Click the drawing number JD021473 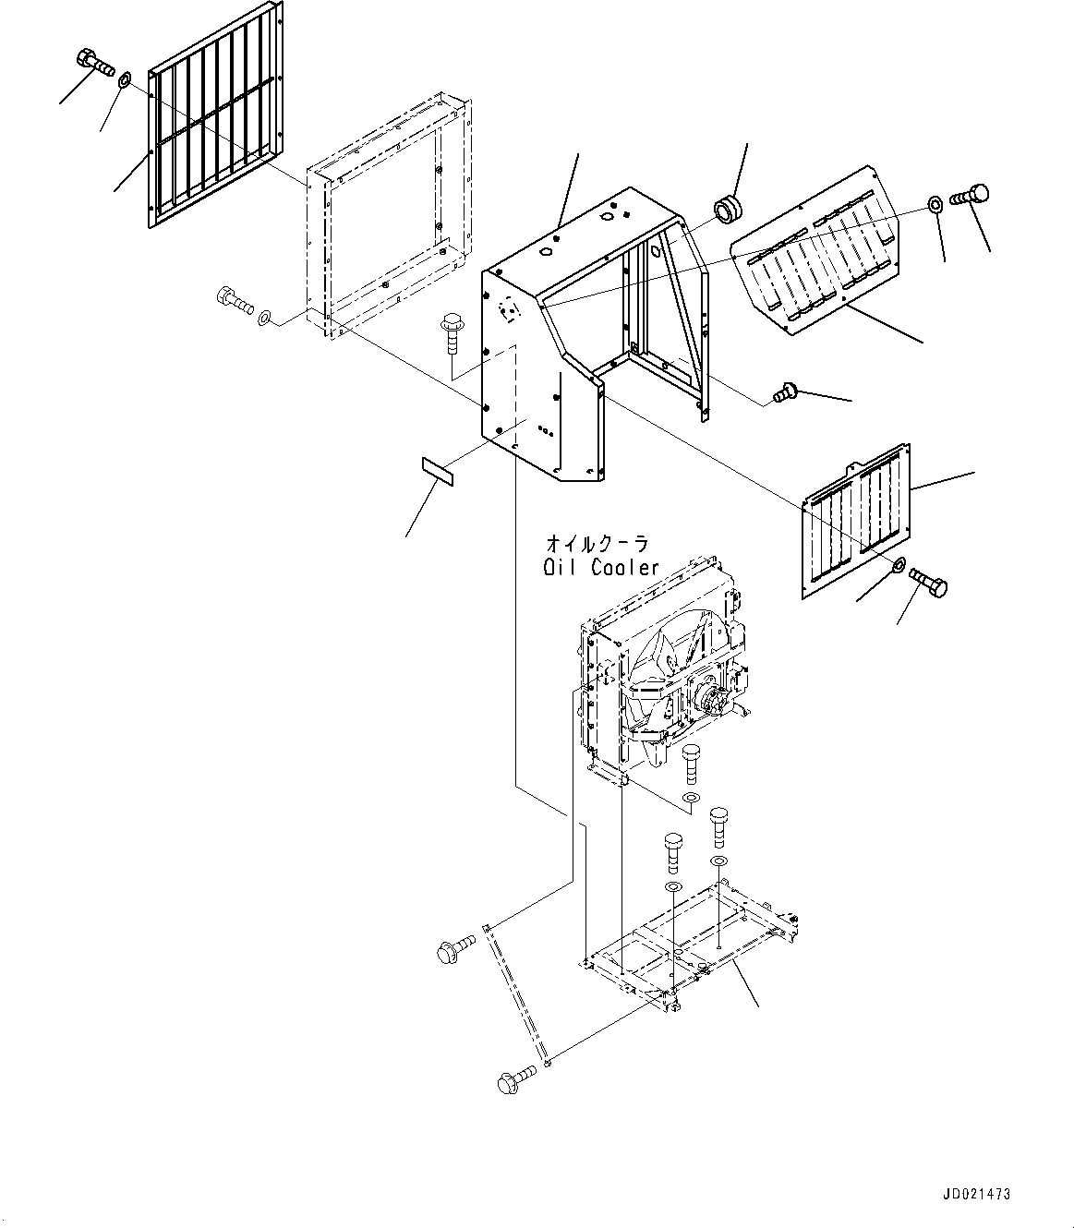click(x=977, y=1194)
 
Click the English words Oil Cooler click(x=601, y=567)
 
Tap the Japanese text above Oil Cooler click(x=597, y=545)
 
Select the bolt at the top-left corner click(x=95, y=63)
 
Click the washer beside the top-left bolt click(x=126, y=78)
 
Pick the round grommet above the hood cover click(x=729, y=206)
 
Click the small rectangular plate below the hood click(x=437, y=471)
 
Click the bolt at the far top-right click(x=969, y=195)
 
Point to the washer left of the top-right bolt click(x=935, y=204)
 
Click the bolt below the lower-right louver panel click(x=928, y=582)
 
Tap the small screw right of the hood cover click(x=785, y=392)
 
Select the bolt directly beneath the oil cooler click(x=691, y=764)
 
